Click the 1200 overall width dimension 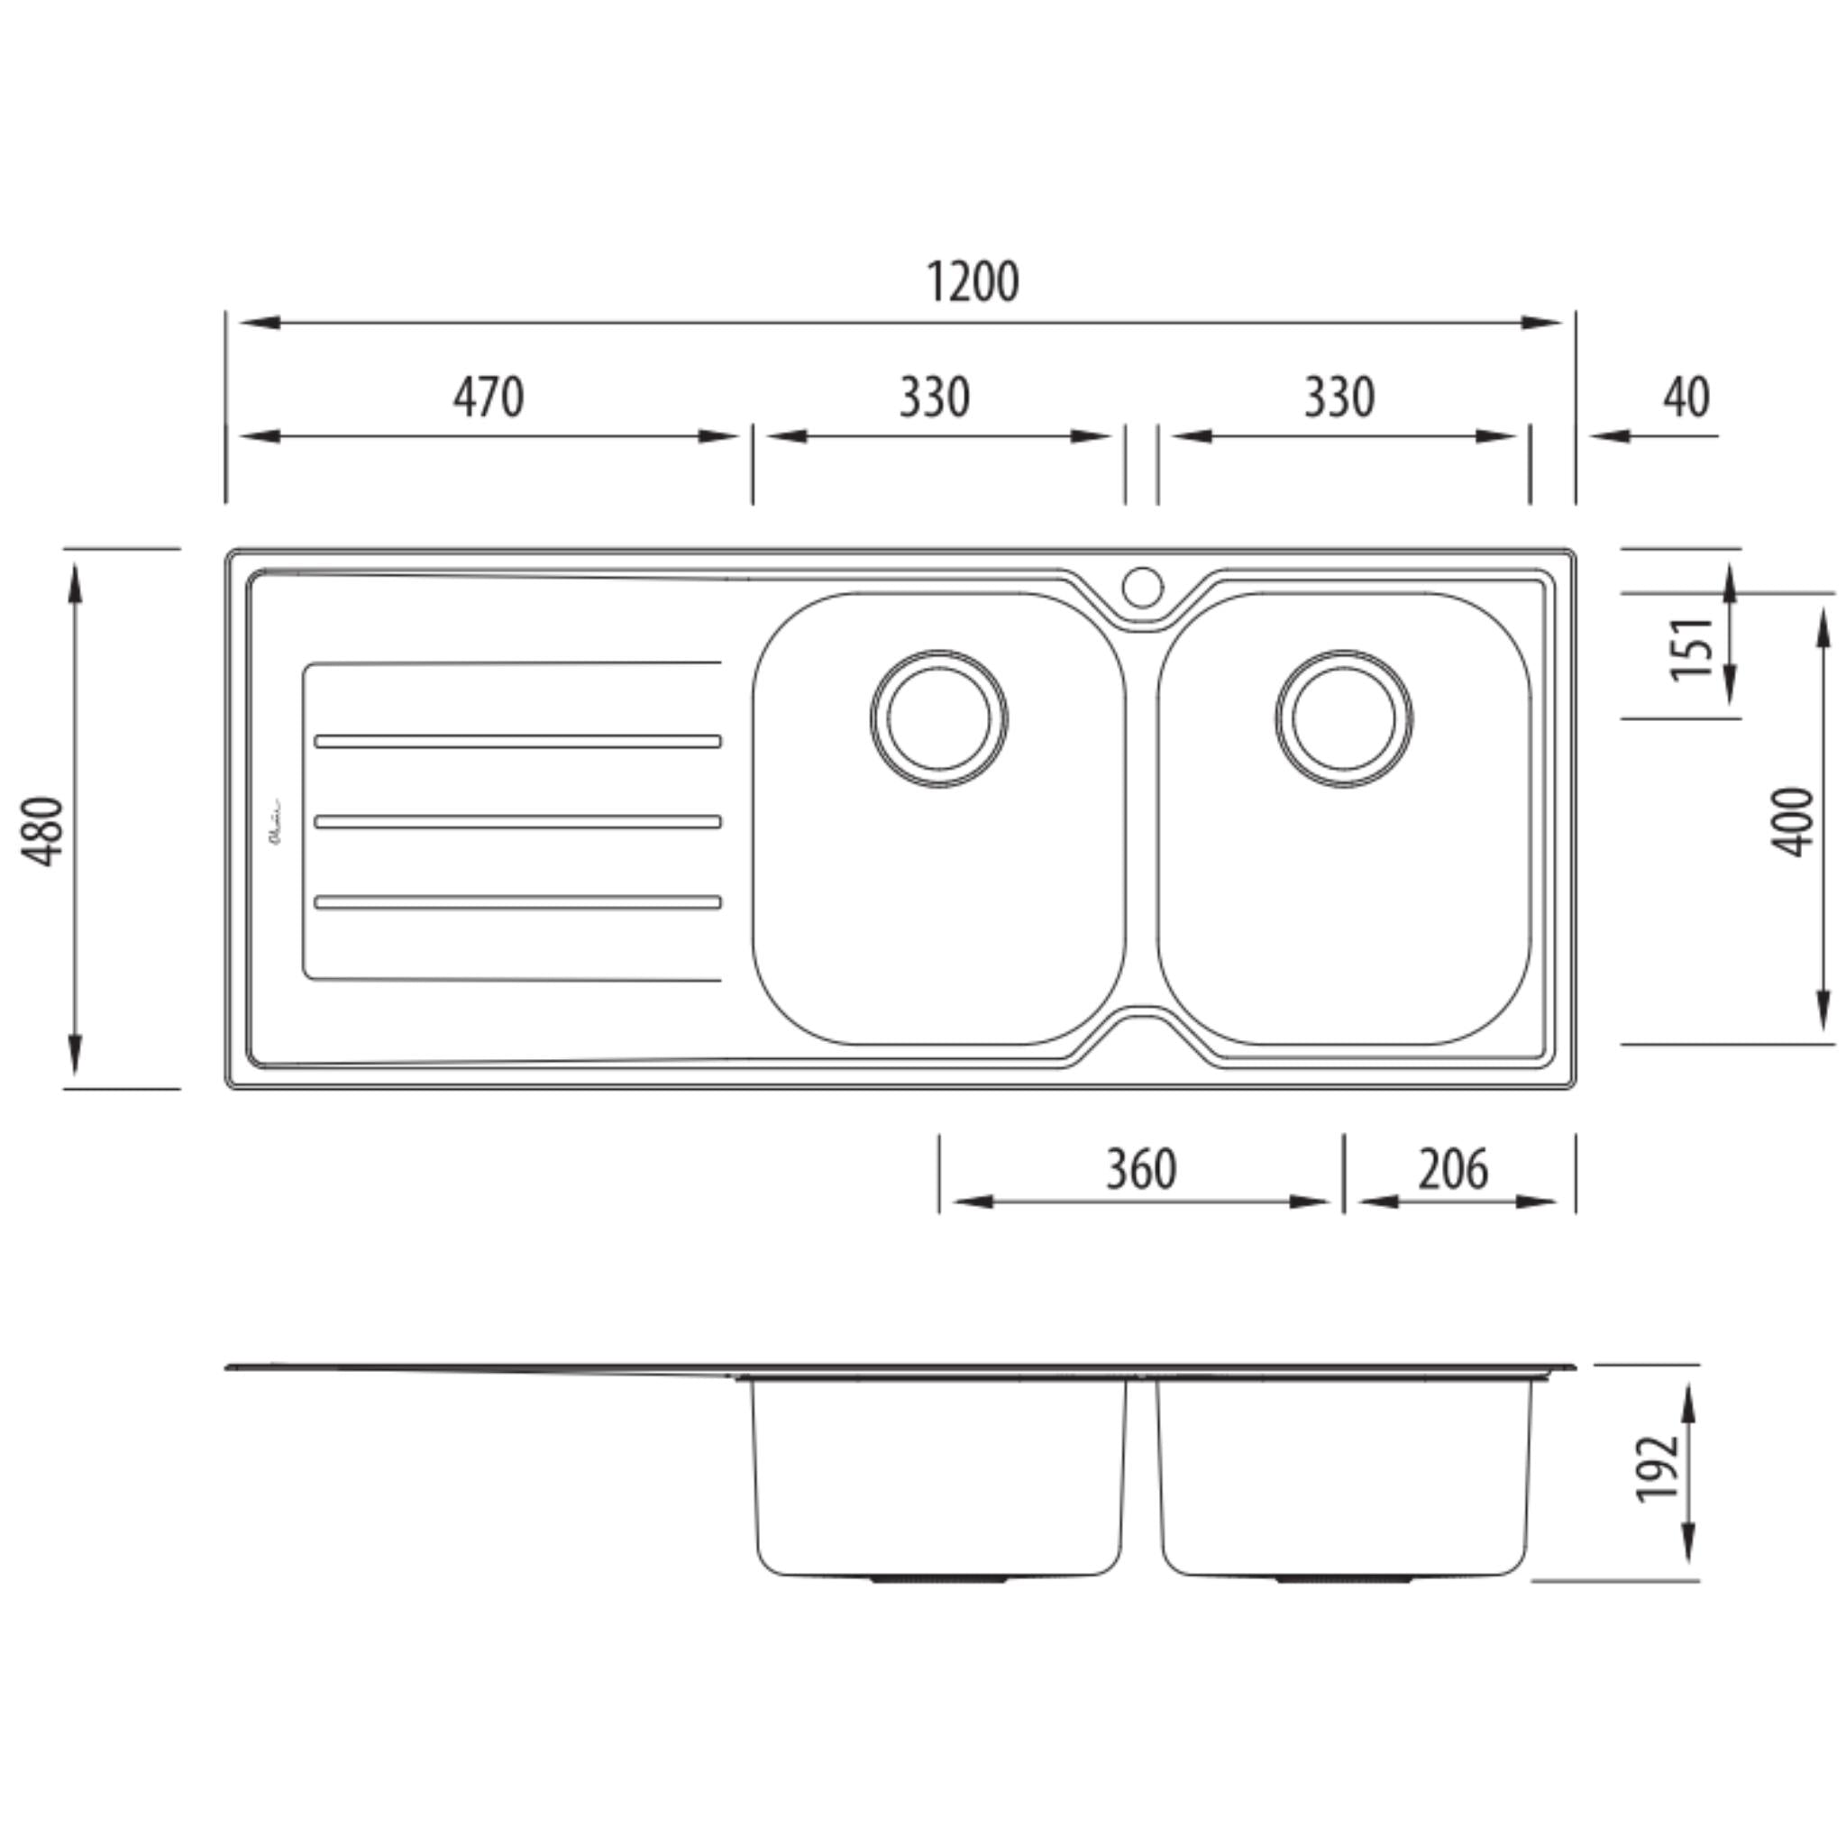pos(973,283)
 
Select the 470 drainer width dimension pos(489,398)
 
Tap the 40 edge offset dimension pos(1686,398)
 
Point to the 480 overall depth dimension pos(44,829)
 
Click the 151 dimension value pos(1691,649)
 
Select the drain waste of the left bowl pos(938,718)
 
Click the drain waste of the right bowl pos(1343,718)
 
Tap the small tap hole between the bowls pos(1142,587)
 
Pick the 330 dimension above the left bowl pos(934,398)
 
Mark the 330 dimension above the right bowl pos(1339,398)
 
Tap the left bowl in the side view pos(938,1476)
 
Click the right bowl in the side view pos(1343,1476)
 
